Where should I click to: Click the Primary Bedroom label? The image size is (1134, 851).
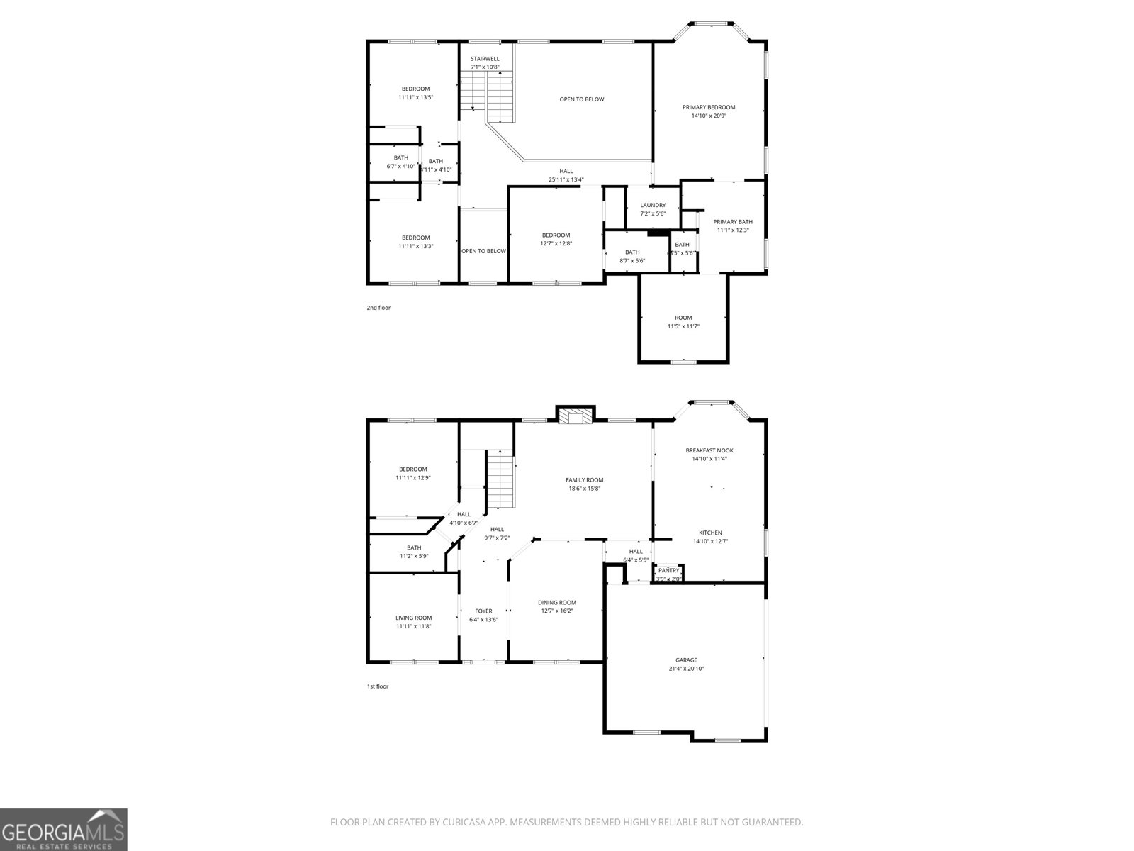(709, 107)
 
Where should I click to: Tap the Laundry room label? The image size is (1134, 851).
(653, 205)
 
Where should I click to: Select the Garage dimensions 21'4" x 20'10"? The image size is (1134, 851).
(686, 669)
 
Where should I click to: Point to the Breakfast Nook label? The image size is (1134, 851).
(709, 450)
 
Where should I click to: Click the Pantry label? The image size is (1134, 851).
(668, 570)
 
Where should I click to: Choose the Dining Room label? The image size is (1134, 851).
(556, 602)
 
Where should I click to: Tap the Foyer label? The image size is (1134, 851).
(483, 611)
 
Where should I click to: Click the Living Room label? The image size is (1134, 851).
(413, 618)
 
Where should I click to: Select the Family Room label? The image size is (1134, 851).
(584, 480)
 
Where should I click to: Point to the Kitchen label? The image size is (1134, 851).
(710, 533)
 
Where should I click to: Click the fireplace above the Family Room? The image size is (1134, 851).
(574, 416)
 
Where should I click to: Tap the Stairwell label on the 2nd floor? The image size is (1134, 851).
(485, 59)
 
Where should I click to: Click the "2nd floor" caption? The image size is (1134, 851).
(378, 308)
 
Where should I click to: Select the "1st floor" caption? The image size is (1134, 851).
(378, 686)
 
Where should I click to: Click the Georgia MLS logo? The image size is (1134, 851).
(64, 829)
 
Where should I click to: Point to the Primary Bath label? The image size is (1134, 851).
(733, 221)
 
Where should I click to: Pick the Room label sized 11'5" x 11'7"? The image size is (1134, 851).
(683, 318)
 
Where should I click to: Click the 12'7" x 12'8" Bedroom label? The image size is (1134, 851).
(556, 235)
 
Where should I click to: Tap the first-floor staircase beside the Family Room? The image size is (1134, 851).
(500, 479)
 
